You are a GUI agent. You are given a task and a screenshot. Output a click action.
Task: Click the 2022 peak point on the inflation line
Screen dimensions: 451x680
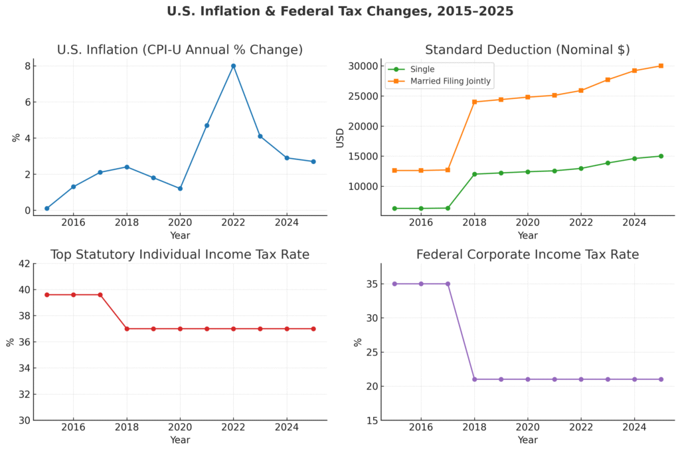tap(233, 66)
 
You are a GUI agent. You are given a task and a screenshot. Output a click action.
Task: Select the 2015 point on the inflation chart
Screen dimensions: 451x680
tap(46, 209)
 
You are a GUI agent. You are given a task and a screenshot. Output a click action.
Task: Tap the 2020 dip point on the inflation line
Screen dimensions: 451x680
tap(180, 189)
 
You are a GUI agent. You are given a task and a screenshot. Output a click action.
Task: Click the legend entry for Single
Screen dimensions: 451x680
tap(422, 69)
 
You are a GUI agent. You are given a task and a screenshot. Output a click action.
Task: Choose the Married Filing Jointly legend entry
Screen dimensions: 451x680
tap(450, 82)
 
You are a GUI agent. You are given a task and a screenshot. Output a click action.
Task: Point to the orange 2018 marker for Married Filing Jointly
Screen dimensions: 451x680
tap(474, 102)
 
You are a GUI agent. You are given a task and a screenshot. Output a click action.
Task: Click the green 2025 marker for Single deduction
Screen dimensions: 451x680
tap(661, 156)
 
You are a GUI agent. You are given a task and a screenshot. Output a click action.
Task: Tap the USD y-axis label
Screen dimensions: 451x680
tap(340, 137)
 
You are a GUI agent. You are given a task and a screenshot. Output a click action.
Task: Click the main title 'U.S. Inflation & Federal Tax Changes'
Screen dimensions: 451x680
tap(340, 11)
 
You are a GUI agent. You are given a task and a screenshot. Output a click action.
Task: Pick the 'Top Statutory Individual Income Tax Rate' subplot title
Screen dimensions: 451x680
tap(180, 254)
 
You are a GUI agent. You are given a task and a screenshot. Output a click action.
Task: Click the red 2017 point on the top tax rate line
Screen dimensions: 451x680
tap(100, 295)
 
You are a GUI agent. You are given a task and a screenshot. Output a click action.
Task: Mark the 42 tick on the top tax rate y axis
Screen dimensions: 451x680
tap(24, 264)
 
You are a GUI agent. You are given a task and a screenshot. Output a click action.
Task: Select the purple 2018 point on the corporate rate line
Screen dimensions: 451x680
tap(474, 379)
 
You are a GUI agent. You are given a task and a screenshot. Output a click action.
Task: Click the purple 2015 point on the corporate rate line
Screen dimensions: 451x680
tap(394, 284)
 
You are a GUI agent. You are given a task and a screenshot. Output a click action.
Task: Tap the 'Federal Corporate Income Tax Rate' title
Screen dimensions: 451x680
tap(527, 254)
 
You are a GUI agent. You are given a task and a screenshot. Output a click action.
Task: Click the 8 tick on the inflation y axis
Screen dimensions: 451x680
tap(27, 66)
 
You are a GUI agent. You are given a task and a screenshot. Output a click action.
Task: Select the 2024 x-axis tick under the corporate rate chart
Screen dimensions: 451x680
tap(634, 428)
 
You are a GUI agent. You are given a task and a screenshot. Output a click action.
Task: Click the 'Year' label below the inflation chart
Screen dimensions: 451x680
tap(180, 235)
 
